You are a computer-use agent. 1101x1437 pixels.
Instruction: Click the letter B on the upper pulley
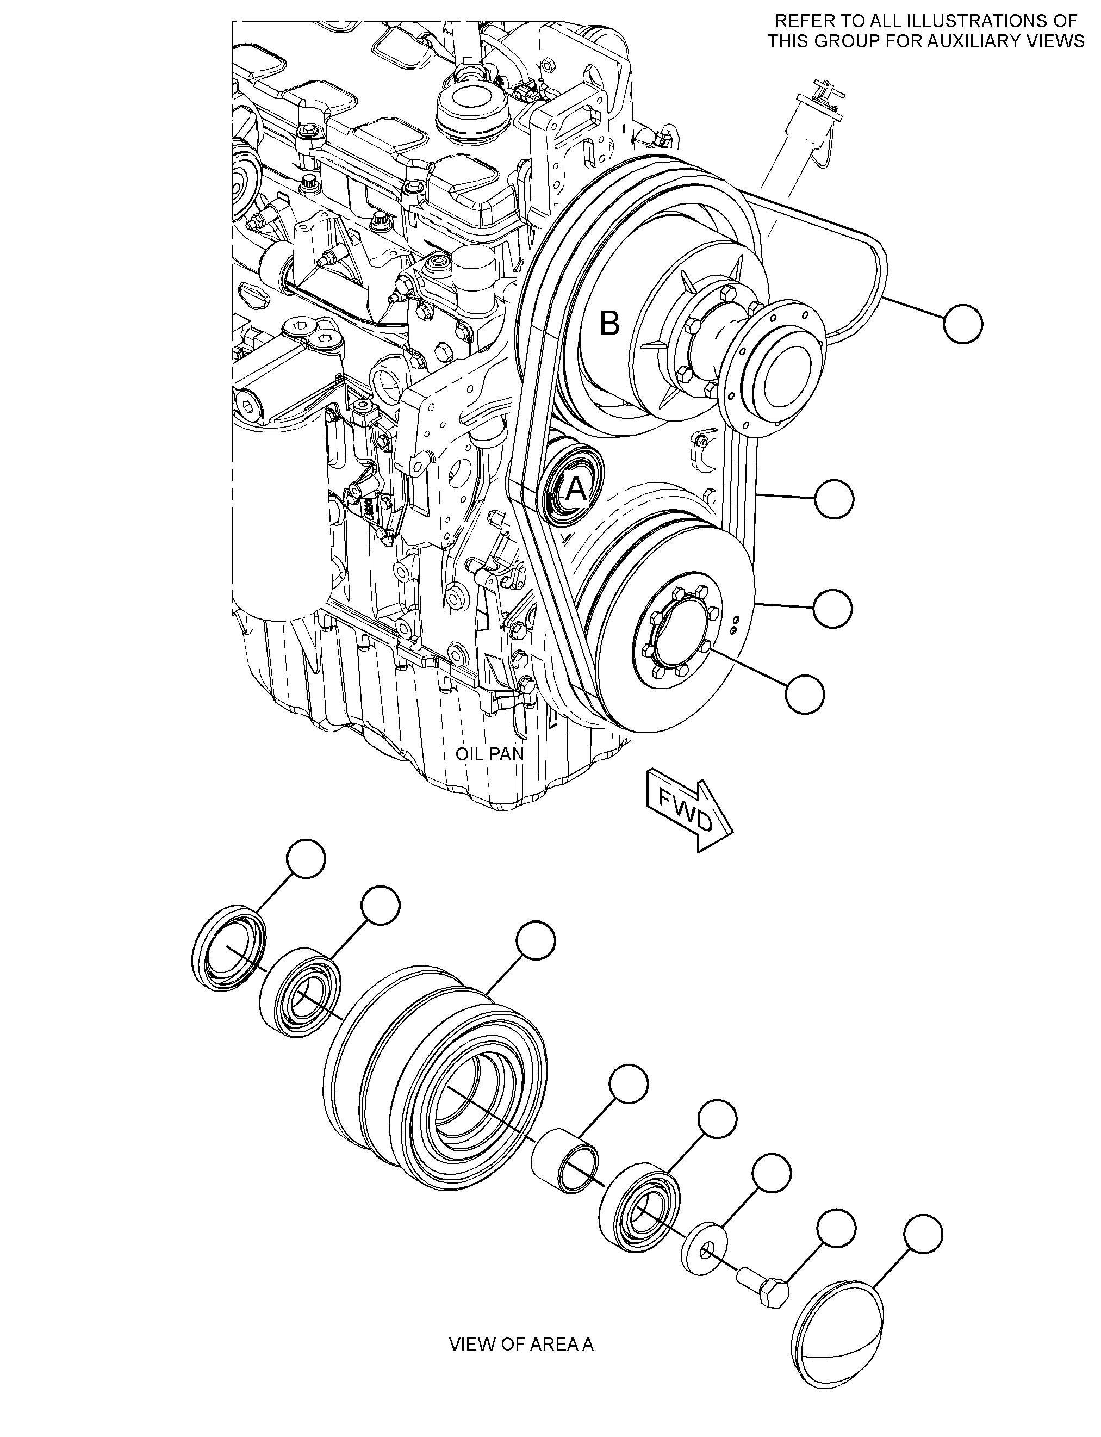[609, 323]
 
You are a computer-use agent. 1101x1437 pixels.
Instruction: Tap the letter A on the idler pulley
[576, 488]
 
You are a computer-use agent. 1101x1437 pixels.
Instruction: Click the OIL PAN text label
[489, 754]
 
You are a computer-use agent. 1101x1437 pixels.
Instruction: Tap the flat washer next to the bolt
[705, 1249]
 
